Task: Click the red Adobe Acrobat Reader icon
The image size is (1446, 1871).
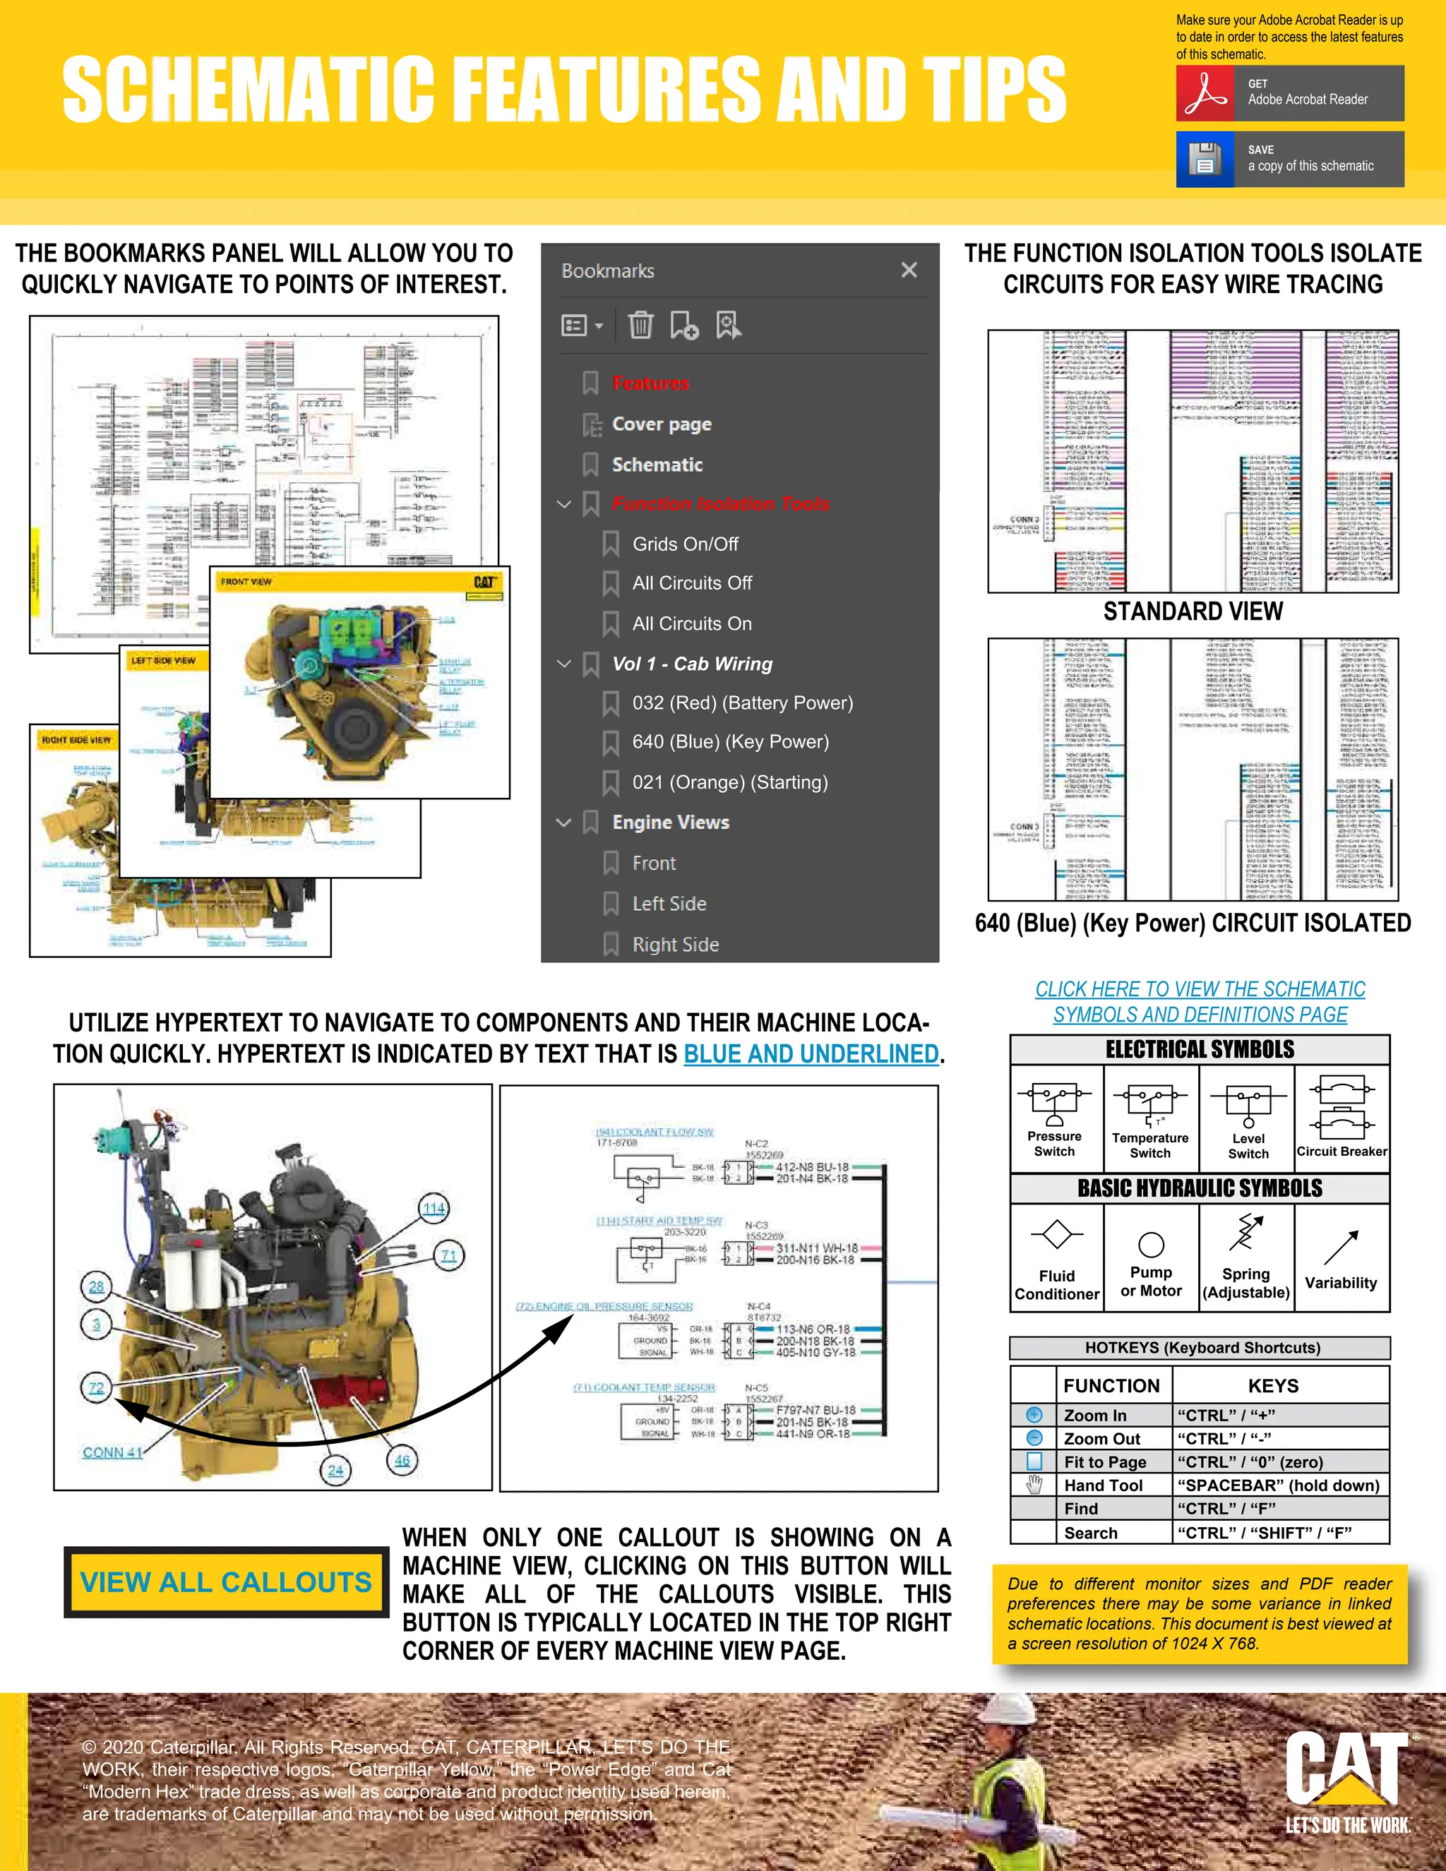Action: tap(1205, 92)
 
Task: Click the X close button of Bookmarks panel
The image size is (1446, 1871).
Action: tap(909, 270)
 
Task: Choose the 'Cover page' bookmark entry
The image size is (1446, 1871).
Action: tap(662, 424)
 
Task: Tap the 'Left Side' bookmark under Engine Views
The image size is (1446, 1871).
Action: tap(669, 904)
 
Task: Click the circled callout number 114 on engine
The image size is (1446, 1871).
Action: tap(434, 1208)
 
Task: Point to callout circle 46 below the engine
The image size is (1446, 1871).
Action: tap(402, 1461)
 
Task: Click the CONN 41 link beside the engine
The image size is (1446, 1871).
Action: tap(112, 1452)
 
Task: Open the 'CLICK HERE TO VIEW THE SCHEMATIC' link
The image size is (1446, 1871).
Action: tap(1200, 989)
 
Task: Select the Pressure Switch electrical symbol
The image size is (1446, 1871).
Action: tap(1055, 1105)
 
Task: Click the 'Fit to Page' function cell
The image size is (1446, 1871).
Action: tap(1104, 1462)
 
